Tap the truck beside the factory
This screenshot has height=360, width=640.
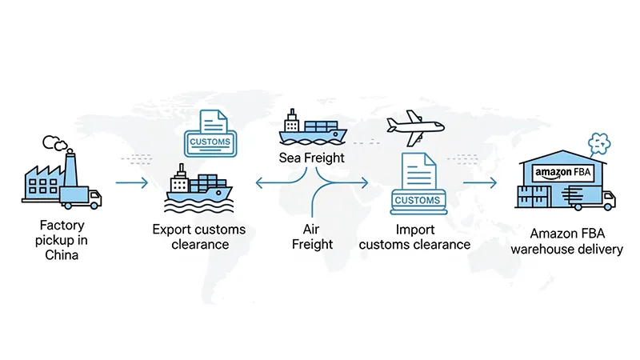91,198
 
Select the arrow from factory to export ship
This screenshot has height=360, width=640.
133,183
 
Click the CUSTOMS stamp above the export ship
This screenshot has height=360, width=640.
210,142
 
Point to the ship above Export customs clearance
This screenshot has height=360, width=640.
199,190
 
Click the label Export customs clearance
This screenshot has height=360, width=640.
199,238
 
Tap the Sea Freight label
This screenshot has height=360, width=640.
312,158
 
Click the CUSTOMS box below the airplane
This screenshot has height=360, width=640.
418,199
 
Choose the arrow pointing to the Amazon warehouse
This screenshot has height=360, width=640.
480,183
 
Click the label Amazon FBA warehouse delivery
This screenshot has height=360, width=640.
576,242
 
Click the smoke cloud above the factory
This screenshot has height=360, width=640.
55,143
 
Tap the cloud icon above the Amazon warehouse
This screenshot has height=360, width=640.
599,143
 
